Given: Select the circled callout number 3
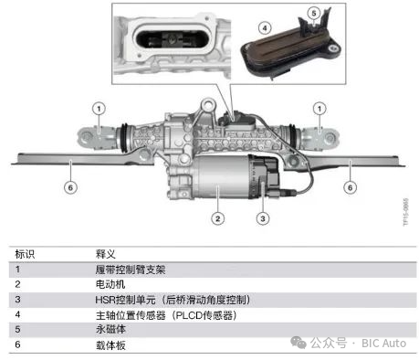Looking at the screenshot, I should (262, 217).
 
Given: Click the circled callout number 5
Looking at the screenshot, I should (314, 12).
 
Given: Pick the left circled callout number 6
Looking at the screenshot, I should (72, 187).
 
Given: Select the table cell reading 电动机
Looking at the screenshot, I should (109, 284).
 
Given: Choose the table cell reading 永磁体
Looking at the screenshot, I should (109, 329).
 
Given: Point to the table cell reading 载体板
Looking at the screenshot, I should (109, 344).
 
